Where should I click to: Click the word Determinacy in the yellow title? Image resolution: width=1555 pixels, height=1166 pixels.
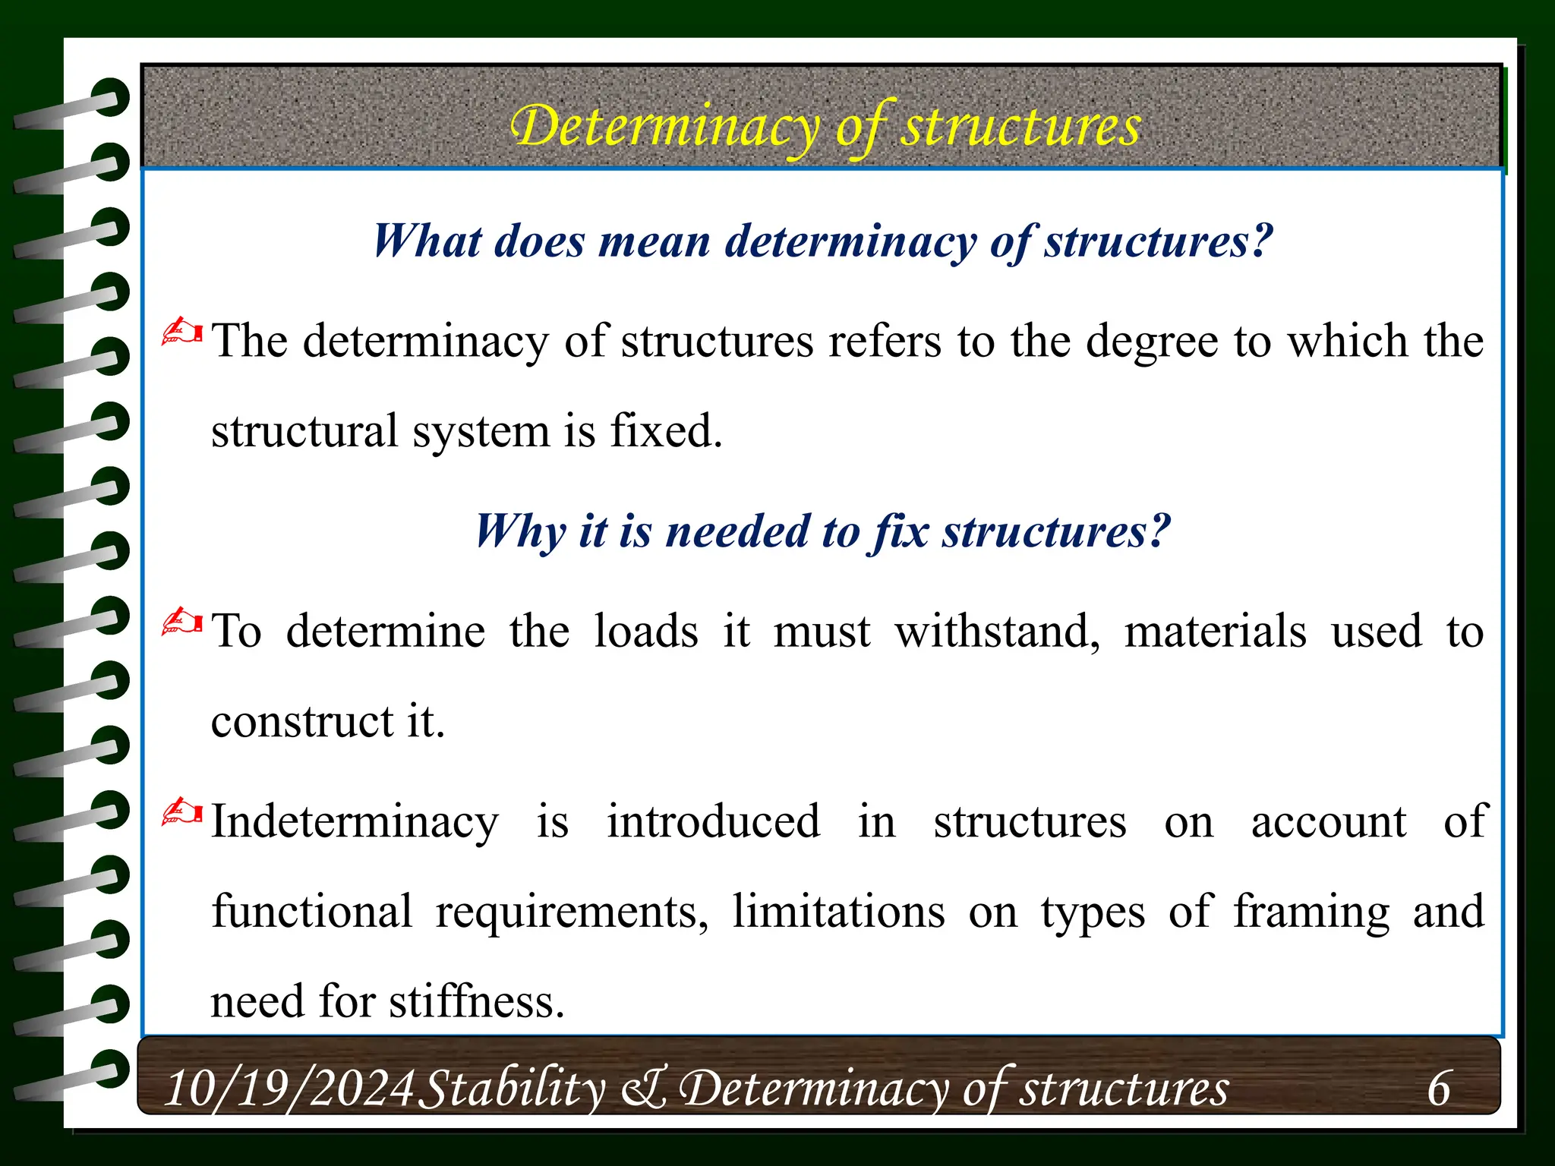(664, 127)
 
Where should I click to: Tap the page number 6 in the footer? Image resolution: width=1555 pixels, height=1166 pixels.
(1438, 1088)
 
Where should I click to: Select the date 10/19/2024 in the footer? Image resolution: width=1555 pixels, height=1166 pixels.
(289, 1088)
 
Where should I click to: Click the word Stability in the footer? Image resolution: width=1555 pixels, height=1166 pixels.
(513, 1088)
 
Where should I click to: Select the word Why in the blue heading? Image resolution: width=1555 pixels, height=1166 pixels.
(520, 531)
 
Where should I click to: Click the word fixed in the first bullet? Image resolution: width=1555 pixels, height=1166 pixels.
(666, 430)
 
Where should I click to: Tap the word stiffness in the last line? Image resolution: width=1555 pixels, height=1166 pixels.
(476, 1001)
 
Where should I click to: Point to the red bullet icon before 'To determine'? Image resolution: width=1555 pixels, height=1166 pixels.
(182, 622)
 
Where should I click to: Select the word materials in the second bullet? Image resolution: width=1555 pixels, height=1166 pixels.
(1215, 631)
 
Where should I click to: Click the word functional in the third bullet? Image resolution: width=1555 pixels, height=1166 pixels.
(311, 911)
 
